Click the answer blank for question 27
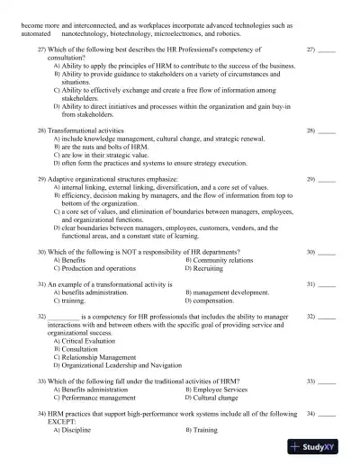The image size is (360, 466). coord(327,49)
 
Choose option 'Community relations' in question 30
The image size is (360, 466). coord(223,260)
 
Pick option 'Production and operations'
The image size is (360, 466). coord(99,268)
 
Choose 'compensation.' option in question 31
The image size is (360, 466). coord(217,300)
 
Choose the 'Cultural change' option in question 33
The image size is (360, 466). coord(216,397)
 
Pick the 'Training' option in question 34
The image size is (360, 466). coord(205,430)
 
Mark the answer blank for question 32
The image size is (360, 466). coord(327,317)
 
